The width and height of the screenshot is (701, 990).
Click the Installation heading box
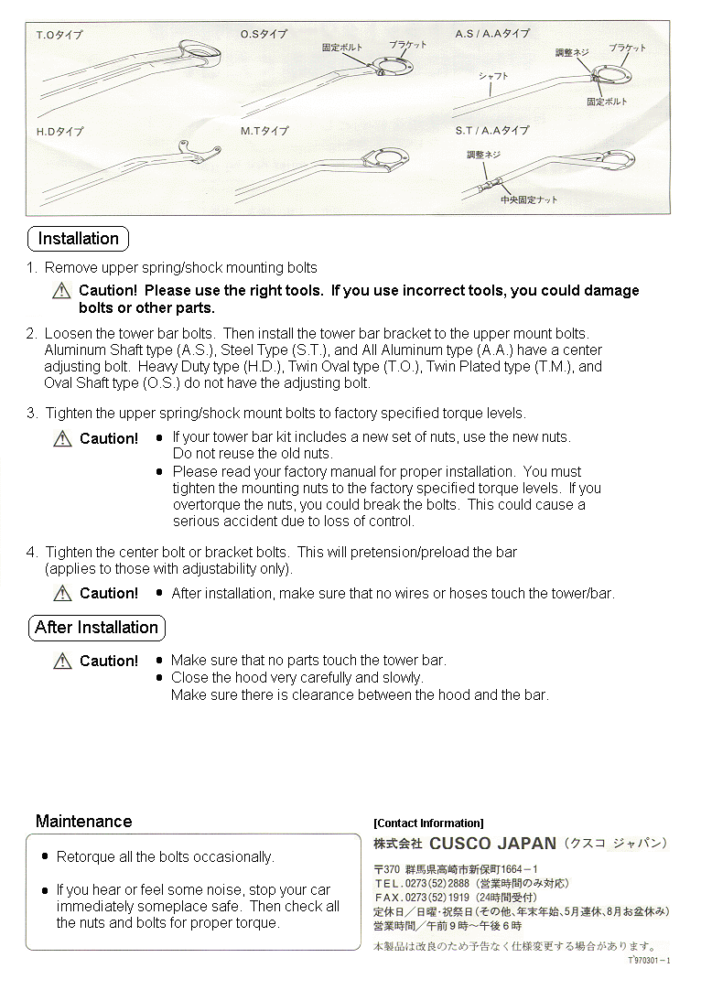tap(78, 239)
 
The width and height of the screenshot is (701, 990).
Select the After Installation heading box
tap(96, 628)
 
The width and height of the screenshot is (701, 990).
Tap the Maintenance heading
tap(83, 822)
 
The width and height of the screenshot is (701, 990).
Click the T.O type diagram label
tap(59, 36)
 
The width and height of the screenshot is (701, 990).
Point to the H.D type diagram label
tap(59, 132)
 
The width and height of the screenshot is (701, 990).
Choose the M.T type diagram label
tap(264, 132)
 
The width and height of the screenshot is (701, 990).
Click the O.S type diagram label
tap(264, 35)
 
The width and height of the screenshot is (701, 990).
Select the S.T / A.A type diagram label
tap(492, 131)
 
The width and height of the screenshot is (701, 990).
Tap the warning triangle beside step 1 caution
tap(61, 291)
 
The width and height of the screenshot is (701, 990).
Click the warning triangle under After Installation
tap(62, 661)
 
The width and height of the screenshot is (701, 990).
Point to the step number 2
tap(31, 334)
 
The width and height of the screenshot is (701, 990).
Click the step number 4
tap(31, 553)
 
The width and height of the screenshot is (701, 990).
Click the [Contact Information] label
tap(428, 823)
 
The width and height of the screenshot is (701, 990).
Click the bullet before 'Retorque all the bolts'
tap(45, 857)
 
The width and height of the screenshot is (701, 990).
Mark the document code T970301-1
tap(650, 961)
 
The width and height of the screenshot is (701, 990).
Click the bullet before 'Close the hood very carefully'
tap(160, 678)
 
